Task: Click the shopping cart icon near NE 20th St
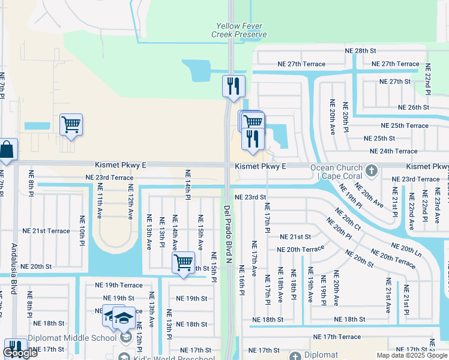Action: (x=183, y=262)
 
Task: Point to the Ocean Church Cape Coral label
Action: (x=336, y=172)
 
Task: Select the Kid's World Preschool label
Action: (x=175, y=359)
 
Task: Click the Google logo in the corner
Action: (x=20, y=353)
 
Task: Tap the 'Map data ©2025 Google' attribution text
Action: (x=412, y=355)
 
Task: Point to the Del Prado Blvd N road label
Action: (x=228, y=234)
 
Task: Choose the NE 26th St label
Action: (x=414, y=107)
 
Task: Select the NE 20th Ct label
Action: (x=348, y=219)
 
